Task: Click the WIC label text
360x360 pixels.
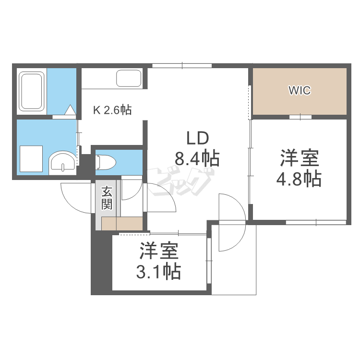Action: click(299, 90)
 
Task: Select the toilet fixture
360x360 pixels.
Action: click(106, 162)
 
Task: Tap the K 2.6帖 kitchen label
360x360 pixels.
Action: click(112, 110)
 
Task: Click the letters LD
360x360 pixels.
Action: click(197, 139)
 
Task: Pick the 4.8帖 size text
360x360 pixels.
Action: click(299, 179)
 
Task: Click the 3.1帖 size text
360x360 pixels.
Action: click(159, 272)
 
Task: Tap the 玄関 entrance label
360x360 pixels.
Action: click(107, 197)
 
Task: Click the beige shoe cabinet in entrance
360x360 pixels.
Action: click(122, 224)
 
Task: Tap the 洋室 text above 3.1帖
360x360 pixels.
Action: click(159, 252)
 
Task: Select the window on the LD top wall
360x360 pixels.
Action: click(182, 65)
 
